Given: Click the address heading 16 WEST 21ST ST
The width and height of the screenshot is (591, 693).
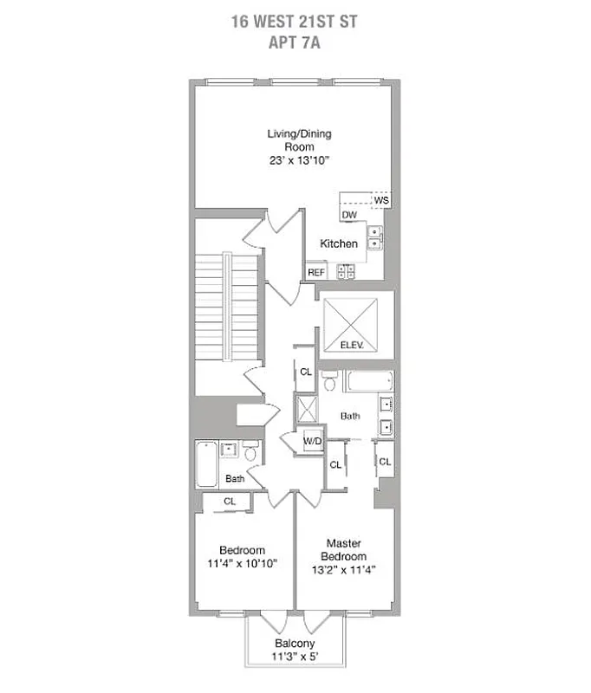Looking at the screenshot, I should (295, 20).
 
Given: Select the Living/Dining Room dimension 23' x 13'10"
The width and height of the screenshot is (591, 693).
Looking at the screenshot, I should (298, 160).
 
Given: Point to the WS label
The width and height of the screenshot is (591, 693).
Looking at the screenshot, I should (381, 200).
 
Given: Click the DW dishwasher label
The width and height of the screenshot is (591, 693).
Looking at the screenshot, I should (349, 215).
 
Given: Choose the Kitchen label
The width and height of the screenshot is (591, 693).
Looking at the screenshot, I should (339, 243).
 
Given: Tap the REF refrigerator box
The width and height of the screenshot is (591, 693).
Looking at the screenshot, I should (316, 272).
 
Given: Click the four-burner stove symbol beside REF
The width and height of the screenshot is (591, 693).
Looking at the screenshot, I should (346, 271).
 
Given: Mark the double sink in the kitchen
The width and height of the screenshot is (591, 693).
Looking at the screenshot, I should (376, 238).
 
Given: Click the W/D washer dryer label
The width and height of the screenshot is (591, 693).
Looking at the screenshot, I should (312, 441).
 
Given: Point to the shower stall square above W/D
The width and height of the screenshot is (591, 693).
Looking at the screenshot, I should (306, 408).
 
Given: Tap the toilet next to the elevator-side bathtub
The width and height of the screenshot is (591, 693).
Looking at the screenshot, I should (330, 380).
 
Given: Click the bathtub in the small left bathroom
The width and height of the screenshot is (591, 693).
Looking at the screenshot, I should (207, 466).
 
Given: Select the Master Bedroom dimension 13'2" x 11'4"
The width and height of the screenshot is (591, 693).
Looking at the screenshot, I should (344, 569).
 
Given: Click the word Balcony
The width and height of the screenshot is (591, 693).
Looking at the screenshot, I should (295, 644).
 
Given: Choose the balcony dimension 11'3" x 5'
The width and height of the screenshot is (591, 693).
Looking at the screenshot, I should (295, 657).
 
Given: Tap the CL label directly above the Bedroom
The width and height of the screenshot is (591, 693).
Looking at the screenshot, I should (230, 501).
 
